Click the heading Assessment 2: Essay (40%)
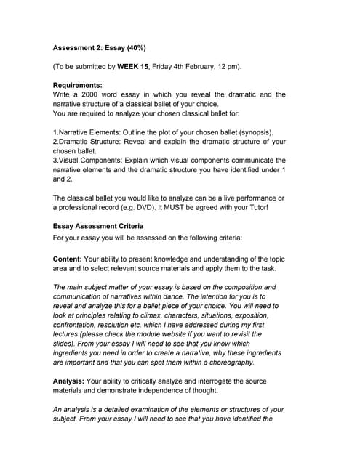[100, 48]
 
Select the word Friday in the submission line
[172, 67]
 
